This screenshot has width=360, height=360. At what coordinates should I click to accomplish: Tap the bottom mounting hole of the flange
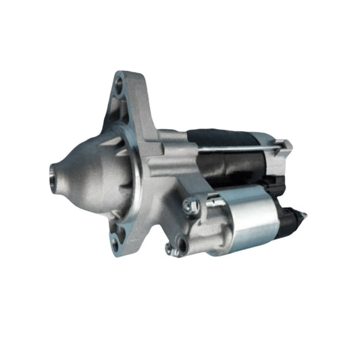point(121,237)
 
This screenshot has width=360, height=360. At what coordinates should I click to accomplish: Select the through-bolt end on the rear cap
point(286,144)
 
